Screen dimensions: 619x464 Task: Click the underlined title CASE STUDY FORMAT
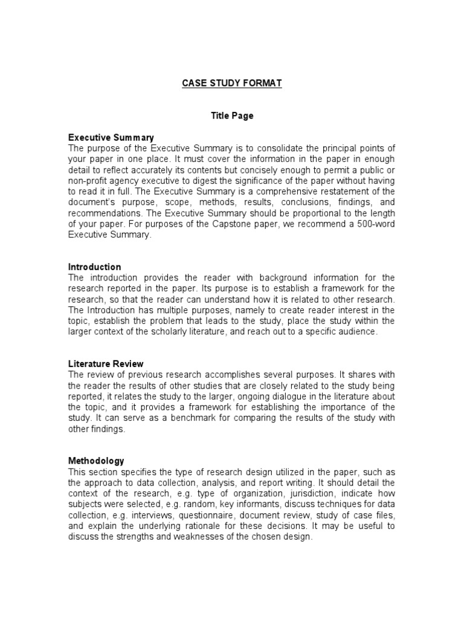[x=232, y=83]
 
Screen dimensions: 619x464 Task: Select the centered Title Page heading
[x=232, y=116]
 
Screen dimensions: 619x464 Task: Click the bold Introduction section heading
[x=95, y=267]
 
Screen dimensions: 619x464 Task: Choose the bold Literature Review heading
[x=106, y=364]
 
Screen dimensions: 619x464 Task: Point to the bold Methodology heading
[x=96, y=461]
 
